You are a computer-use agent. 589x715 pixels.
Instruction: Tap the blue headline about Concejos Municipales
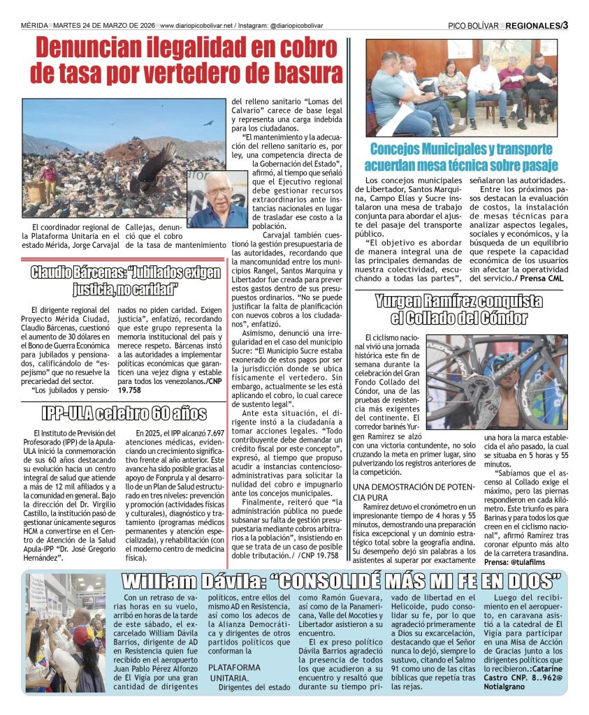(x=461, y=157)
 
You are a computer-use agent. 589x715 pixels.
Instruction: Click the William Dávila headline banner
(x=341, y=581)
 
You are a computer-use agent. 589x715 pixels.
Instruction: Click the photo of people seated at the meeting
(x=462, y=87)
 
